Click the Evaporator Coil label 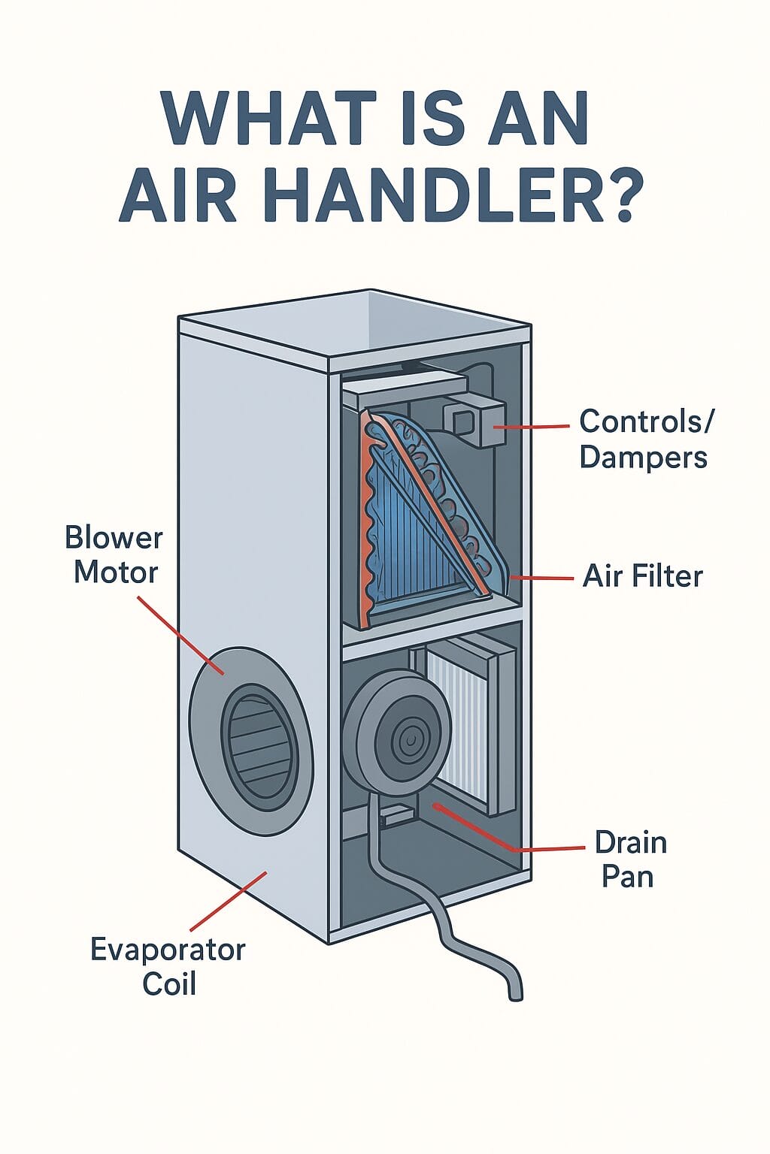[168, 966]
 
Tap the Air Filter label [643, 577]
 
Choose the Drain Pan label [630, 859]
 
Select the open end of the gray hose [516, 995]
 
